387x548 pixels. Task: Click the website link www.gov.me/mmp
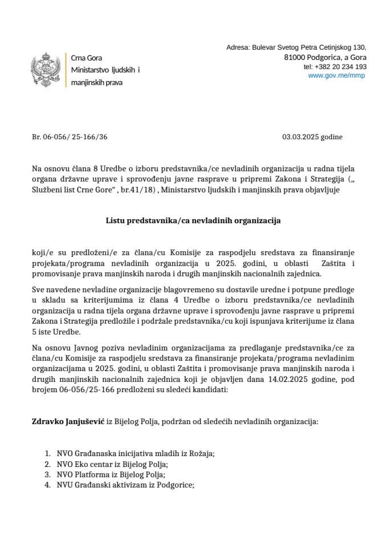[x=337, y=75]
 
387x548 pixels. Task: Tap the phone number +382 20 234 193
[x=335, y=67]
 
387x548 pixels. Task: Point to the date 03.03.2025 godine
[x=312, y=137]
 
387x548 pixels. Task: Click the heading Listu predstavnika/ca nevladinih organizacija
[x=193, y=220]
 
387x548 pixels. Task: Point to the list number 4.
[x=48, y=485]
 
